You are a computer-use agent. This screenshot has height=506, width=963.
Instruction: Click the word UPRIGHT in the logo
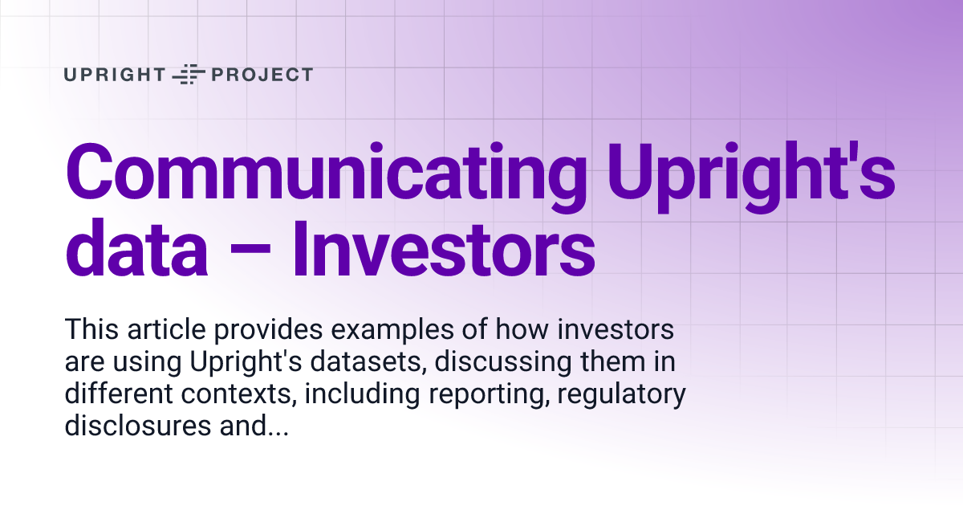tap(114, 75)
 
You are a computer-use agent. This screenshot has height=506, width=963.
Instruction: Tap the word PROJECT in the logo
tap(262, 75)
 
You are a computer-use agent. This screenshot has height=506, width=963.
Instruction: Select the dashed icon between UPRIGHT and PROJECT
tap(189, 75)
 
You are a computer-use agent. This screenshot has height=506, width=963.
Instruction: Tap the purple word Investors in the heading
tap(442, 250)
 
